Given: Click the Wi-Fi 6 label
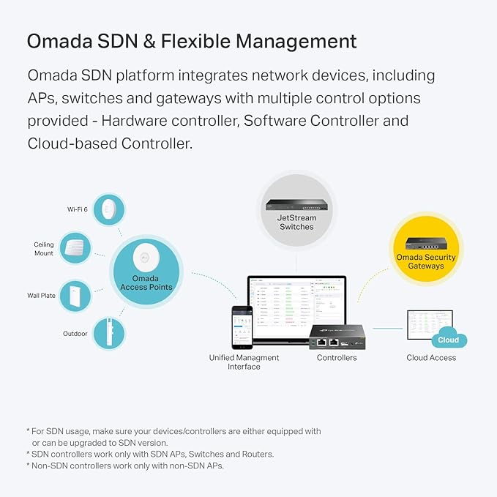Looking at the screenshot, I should click(x=78, y=209).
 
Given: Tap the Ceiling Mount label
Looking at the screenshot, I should click(x=43, y=249).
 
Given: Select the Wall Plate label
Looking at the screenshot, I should click(x=42, y=296).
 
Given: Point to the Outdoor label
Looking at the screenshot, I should click(x=75, y=334).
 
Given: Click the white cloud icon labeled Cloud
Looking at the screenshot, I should click(x=448, y=339).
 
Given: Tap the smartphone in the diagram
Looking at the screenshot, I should click(x=242, y=326).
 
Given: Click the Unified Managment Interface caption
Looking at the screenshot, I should click(x=244, y=362).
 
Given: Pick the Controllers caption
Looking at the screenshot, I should click(x=337, y=358).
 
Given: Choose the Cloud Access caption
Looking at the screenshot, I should click(x=431, y=358).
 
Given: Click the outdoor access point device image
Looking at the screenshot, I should click(x=108, y=334).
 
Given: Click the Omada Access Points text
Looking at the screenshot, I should click(x=146, y=283).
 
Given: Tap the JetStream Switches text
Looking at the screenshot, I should click(x=296, y=223).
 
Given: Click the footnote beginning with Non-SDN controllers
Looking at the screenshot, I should click(x=124, y=466).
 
